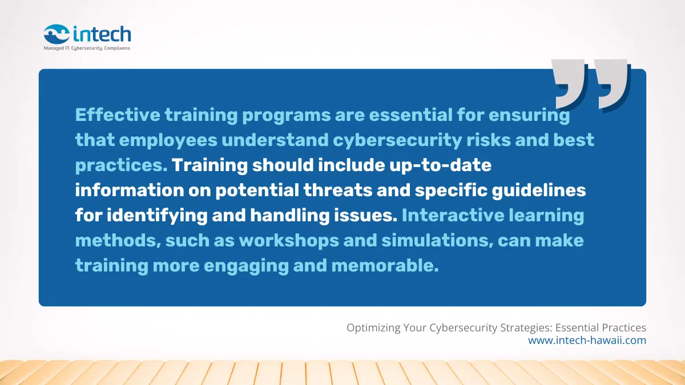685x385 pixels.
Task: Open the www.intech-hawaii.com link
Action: point(587,341)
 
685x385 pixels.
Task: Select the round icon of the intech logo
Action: point(57,34)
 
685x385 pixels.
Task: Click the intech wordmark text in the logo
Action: point(102,34)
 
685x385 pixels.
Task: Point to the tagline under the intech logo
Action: point(87,49)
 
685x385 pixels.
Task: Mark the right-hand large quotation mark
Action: point(613,83)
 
